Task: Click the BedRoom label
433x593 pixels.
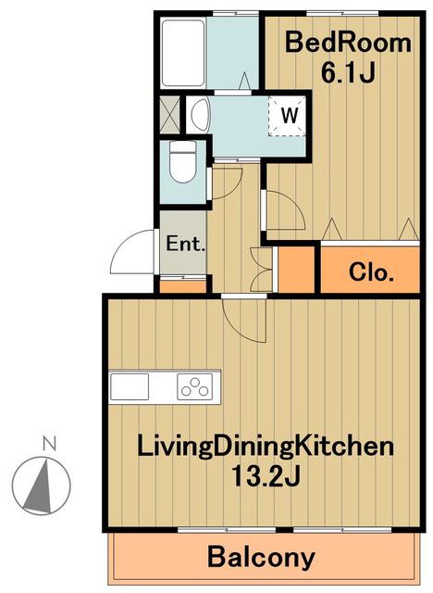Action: (x=348, y=43)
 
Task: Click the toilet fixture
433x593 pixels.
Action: (x=182, y=162)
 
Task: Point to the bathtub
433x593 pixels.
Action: (x=183, y=53)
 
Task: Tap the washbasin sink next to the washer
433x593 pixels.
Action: (x=200, y=114)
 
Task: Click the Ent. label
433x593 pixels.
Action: (x=185, y=244)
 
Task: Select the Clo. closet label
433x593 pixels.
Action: (x=371, y=271)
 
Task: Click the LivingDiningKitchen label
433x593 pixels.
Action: (x=265, y=446)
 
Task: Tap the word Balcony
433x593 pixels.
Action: (x=261, y=557)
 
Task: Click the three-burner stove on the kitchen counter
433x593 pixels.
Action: (x=195, y=386)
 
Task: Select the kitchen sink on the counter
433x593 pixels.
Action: (x=130, y=386)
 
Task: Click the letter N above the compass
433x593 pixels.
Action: (x=49, y=443)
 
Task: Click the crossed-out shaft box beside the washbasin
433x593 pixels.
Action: (x=169, y=115)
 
